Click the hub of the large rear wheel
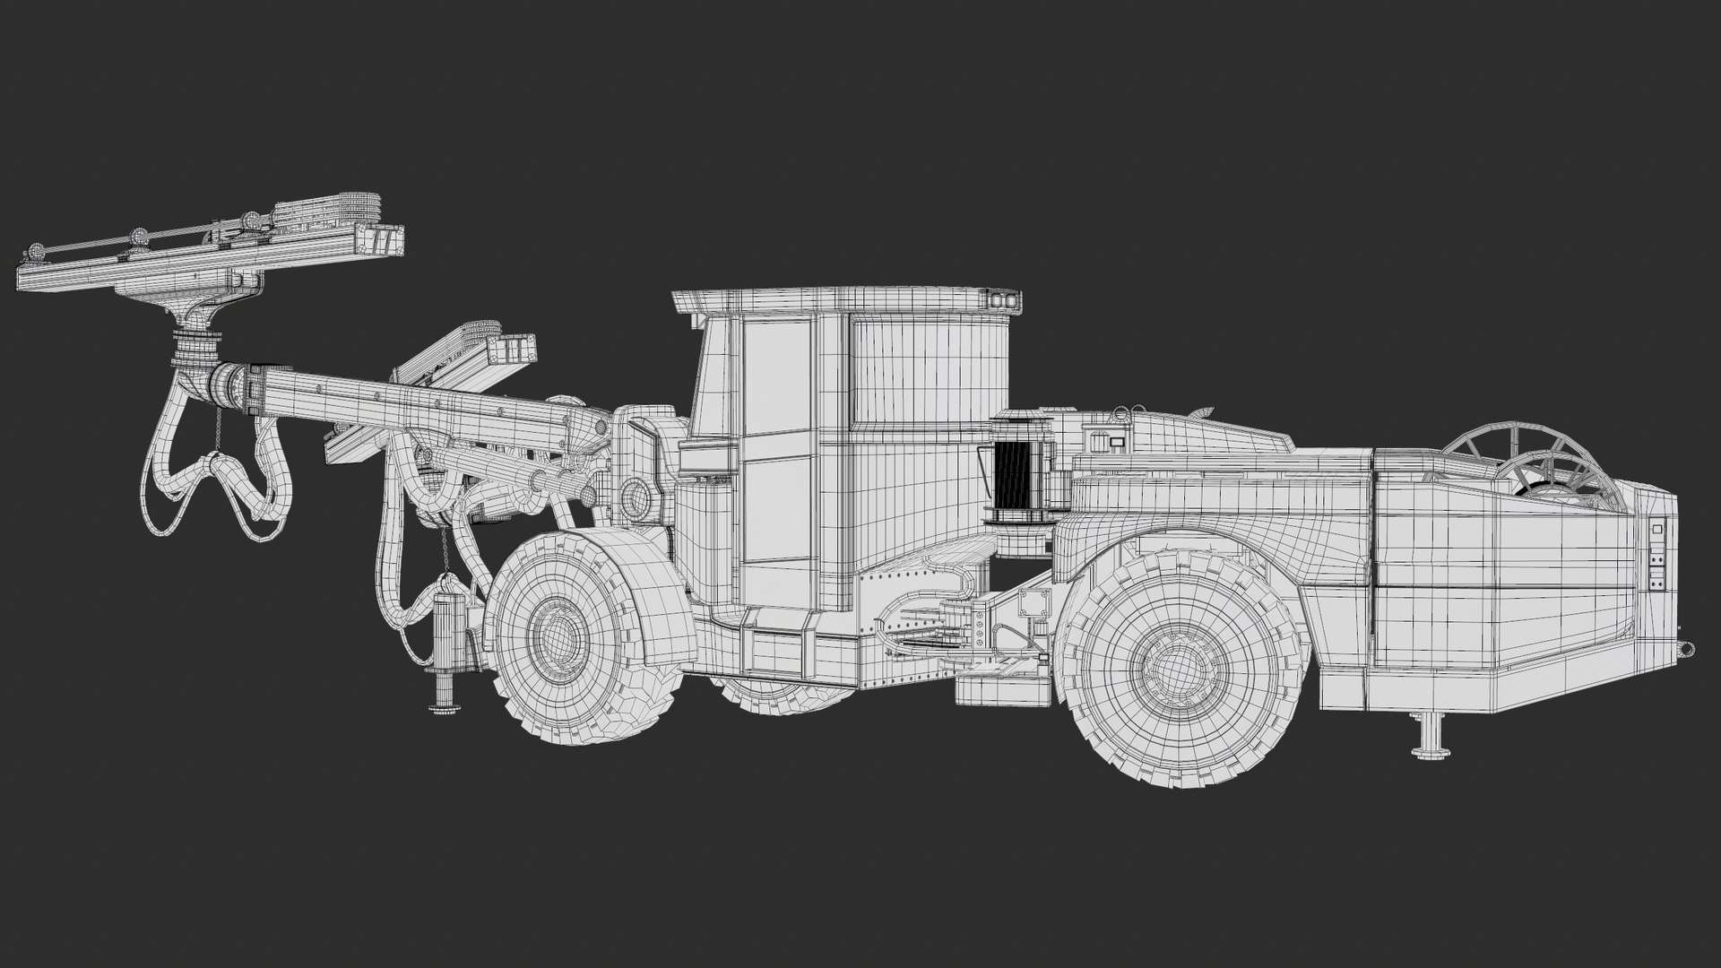click(x=1170, y=668)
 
